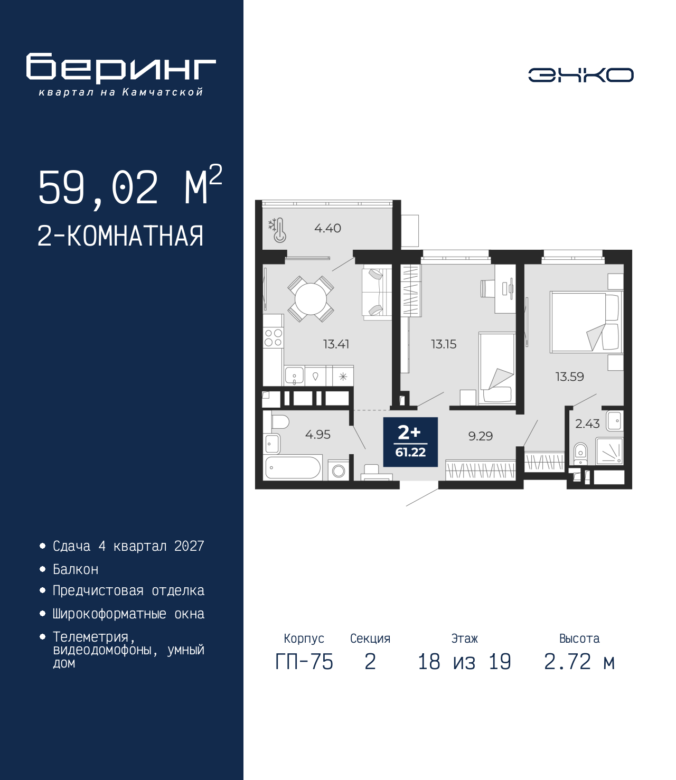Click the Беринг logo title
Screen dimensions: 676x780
[121, 68]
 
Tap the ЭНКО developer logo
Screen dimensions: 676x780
[581, 74]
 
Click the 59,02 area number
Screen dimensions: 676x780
[98, 188]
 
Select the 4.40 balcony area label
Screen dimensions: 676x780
[327, 228]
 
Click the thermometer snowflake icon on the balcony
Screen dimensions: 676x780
[277, 230]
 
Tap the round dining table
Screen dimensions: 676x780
[310, 299]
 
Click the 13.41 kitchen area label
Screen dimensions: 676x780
[336, 344]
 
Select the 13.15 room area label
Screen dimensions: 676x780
[444, 344]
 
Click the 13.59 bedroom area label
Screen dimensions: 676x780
[569, 377]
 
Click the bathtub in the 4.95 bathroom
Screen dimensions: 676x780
[293, 468]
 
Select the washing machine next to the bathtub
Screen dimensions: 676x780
[339, 471]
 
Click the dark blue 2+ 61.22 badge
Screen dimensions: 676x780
[410, 442]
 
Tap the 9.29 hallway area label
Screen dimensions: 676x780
[481, 436]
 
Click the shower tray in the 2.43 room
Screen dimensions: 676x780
[609, 452]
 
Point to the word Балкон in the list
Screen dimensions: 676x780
[76, 569]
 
